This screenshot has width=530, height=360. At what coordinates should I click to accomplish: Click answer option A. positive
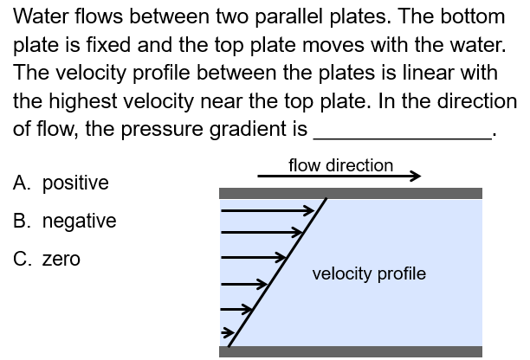tap(61, 183)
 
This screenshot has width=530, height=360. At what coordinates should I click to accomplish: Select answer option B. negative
tap(65, 221)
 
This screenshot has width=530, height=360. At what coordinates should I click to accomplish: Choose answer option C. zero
tap(48, 259)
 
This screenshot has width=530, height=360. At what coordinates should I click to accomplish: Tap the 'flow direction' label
tap(340, 164)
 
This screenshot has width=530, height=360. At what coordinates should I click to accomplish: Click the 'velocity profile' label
tap(369, 273)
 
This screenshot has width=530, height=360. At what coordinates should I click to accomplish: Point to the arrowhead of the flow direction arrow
tap(415, 177)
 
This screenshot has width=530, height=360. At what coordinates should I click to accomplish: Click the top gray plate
tap(351, 193)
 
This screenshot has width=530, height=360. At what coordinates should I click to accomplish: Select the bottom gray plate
tap(351, 351)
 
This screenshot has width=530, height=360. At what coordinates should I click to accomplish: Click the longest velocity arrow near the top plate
tap(268, 209)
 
